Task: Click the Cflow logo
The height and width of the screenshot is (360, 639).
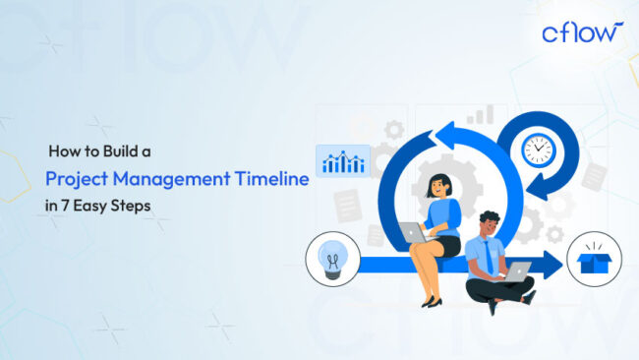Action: coord(582,31)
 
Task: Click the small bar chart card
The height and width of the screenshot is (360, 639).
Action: coord(343,159)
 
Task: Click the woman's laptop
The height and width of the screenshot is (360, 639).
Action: coord(412,233)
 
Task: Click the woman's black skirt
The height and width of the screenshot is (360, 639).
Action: coord(447,244)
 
